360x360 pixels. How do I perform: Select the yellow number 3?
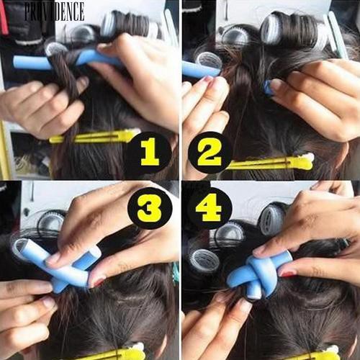coord(148,209)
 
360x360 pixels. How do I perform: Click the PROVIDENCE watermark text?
coord(54,10)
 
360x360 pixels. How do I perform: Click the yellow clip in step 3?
coord(119,354)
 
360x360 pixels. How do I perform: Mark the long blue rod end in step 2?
coord(198,70)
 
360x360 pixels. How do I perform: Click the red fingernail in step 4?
coord(288,274)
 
